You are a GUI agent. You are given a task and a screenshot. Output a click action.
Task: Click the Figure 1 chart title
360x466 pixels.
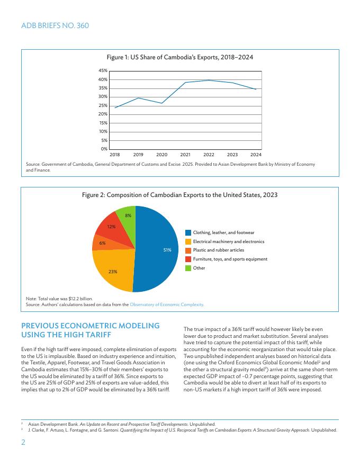point(179,57)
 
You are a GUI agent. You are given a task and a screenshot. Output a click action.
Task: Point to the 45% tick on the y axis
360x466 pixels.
point(103,70)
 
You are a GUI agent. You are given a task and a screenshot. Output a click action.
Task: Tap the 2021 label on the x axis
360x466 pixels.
point(185,155)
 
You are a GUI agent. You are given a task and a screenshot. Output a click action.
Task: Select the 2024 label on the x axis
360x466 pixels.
point(256,155)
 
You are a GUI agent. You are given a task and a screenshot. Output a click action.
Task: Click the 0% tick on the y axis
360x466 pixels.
point(104,149)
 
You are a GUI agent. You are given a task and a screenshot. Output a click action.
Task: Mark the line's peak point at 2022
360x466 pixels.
point(209,80)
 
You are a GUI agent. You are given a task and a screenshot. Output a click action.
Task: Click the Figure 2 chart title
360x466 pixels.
point(179,195)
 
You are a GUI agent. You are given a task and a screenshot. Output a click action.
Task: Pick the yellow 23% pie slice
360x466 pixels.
point(114,270)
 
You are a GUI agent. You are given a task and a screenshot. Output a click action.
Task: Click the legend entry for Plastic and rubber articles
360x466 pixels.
point(218,250)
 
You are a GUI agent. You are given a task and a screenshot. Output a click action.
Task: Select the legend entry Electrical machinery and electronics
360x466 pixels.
point(228,241)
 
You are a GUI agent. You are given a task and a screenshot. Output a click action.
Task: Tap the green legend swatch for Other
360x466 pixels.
point(188,268)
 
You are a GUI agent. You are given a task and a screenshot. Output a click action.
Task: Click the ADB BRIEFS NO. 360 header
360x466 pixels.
point(55,25)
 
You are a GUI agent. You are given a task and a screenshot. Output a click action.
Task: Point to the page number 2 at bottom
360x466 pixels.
point(23,442)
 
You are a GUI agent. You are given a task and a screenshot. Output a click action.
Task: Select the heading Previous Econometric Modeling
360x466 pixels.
point(90,330)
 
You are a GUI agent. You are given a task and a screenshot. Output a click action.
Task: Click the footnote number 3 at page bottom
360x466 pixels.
point(22,429)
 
